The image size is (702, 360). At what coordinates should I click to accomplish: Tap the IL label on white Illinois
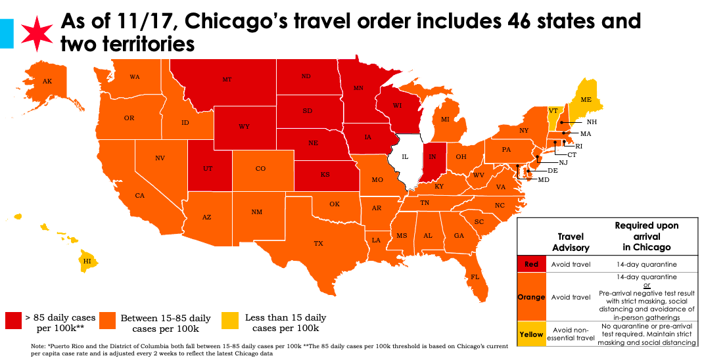(x=405, y=158)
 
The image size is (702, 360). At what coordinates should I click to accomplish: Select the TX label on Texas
(x=318, y=244)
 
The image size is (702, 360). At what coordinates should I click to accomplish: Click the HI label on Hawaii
(x=86, y=261)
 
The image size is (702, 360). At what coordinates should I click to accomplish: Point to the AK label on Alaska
(x=47, y=81)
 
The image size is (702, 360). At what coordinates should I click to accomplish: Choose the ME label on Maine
(x=586, y=100)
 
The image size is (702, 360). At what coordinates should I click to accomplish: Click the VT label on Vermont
(x=553, y=110)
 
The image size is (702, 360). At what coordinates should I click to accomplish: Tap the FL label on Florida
(x=475, y=277)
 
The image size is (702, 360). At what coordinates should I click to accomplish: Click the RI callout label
(x=579, y=146)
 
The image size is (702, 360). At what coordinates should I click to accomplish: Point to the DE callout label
(x=553, y=170)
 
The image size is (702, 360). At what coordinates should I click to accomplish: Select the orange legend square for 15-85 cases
(x=108, y=321)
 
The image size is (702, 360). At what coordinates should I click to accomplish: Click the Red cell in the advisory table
(x=531, y=264)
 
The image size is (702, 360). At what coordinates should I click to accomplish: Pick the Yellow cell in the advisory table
(x=531, y=334)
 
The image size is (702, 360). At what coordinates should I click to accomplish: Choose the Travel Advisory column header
(x=571, y=242)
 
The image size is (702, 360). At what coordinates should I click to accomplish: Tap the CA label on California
(x=139, y=196)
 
